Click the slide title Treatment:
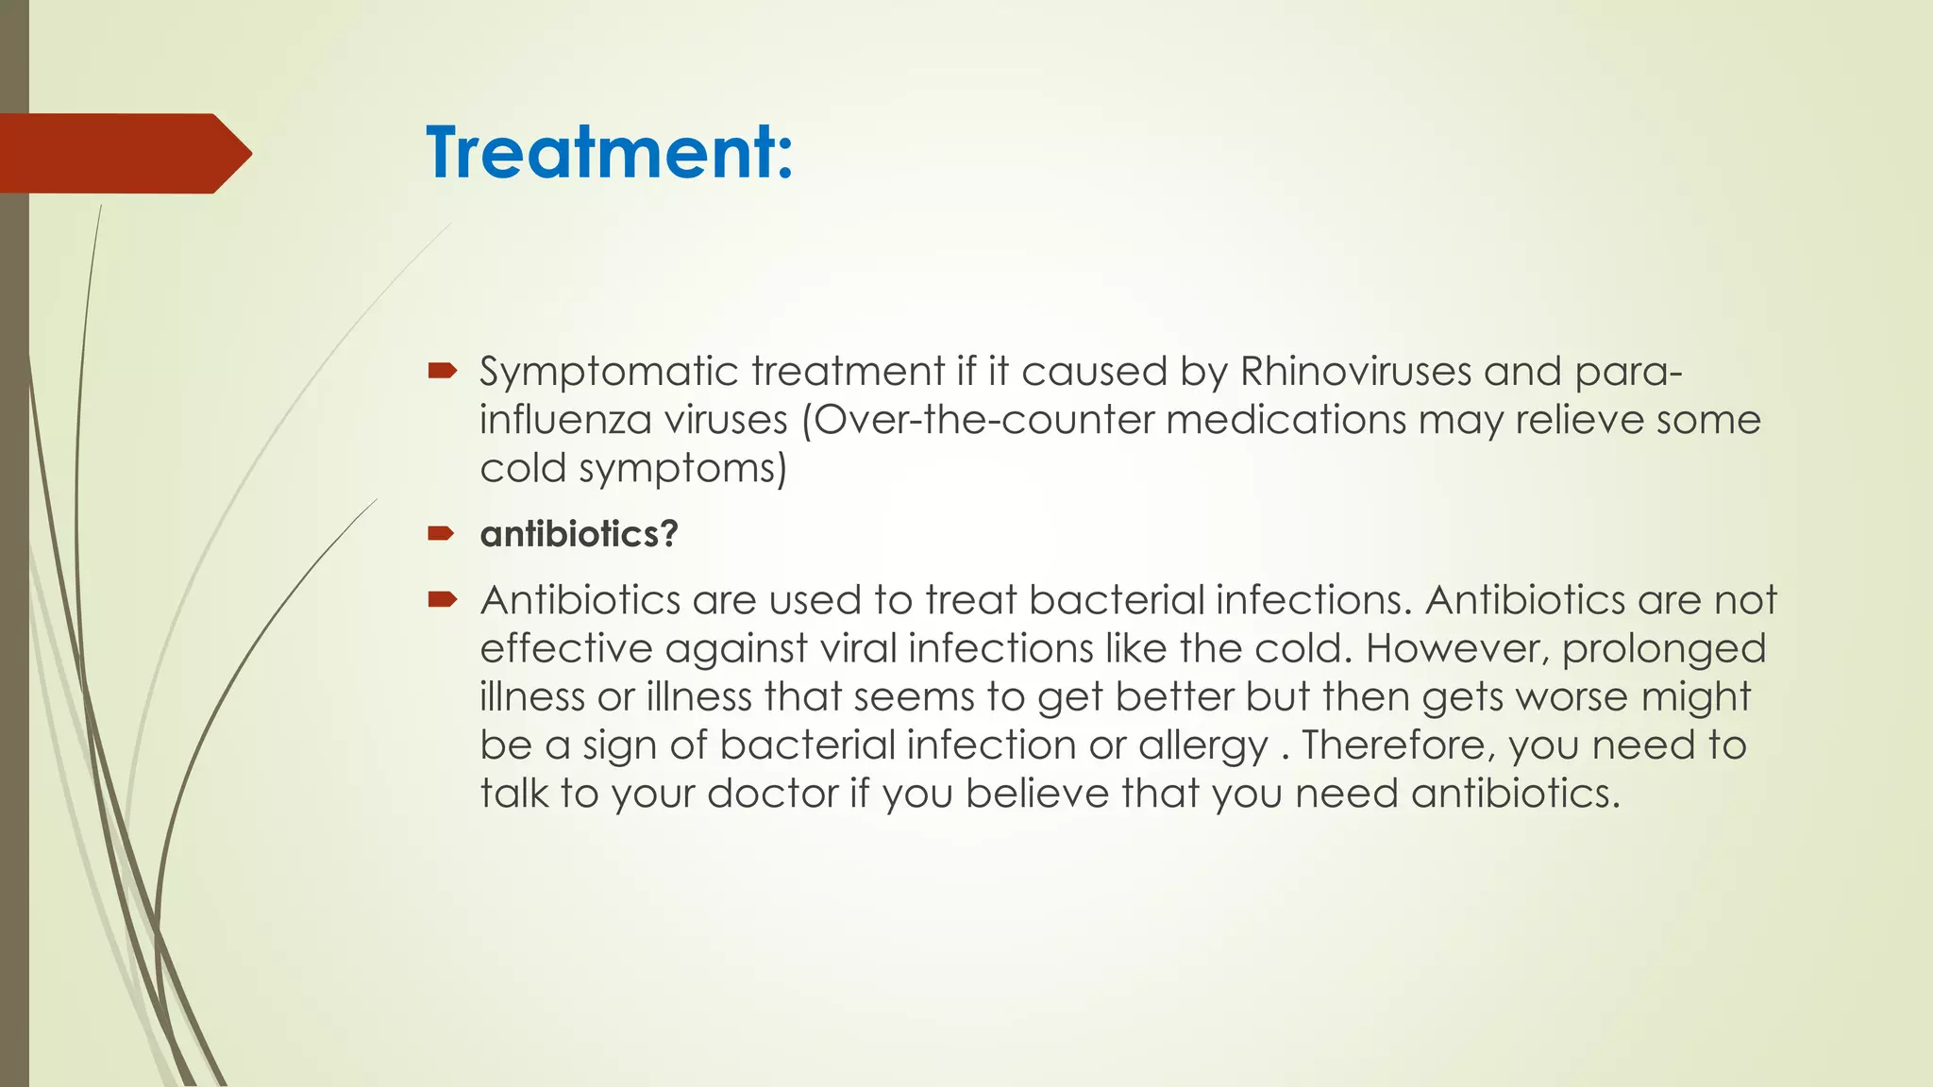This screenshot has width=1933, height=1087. pos(609,153)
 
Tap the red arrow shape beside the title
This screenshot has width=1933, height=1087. pos(123,153)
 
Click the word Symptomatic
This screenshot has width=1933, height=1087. pos(609,372)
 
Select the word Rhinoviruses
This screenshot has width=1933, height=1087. pos(1355,372)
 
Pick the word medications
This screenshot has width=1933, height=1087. pos(1286,420)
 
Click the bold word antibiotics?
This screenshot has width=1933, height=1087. pos(579,535)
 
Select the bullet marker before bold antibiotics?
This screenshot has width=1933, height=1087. pos(441,534)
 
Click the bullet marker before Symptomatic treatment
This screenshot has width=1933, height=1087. pos(441,371)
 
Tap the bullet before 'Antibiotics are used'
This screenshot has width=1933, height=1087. pos(441,599)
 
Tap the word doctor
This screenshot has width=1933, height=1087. pos(772,794)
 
